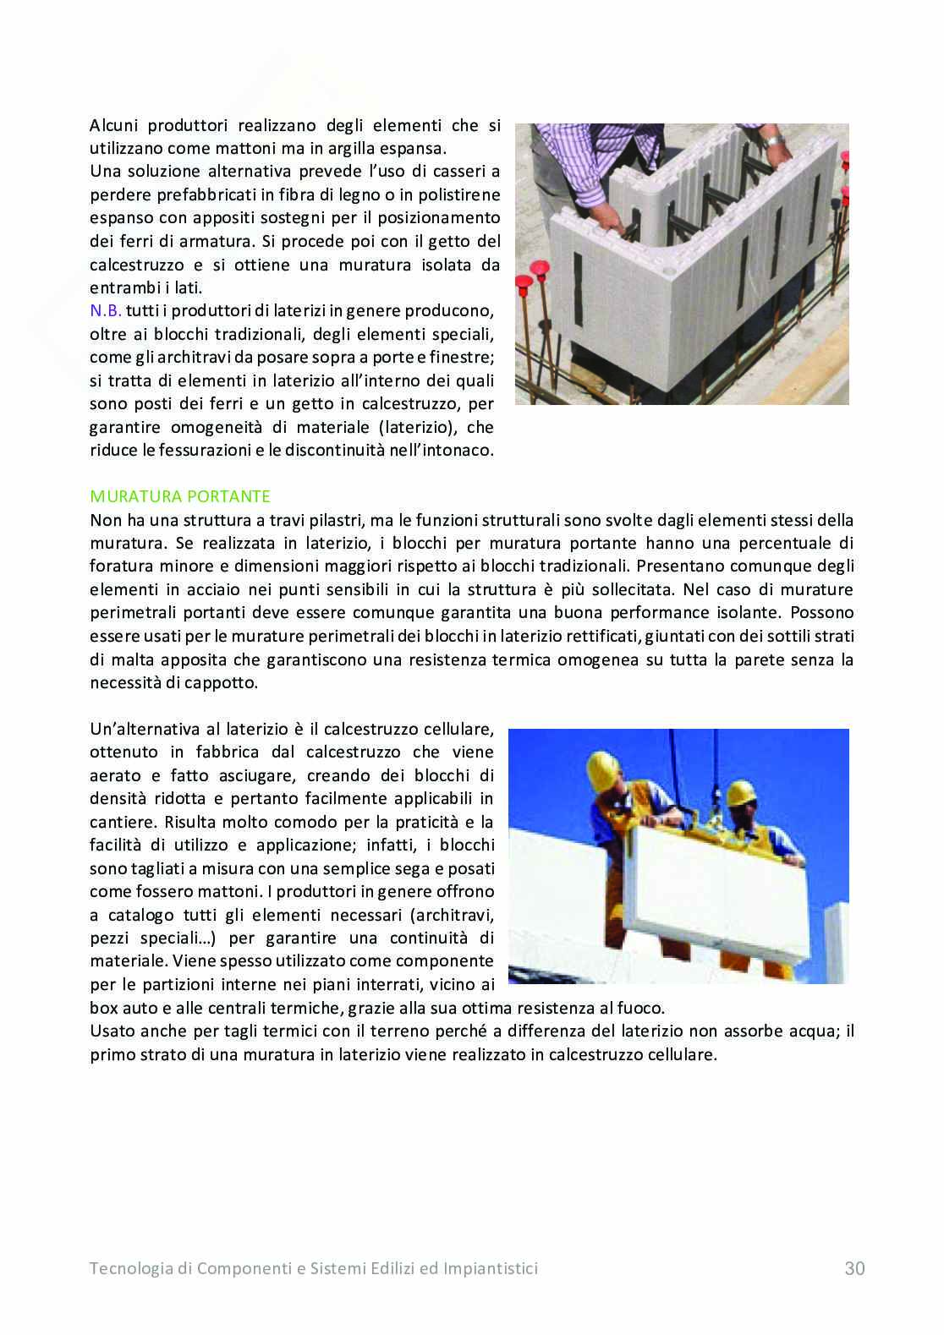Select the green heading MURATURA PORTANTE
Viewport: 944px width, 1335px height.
180,495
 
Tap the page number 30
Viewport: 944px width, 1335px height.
854,1268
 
